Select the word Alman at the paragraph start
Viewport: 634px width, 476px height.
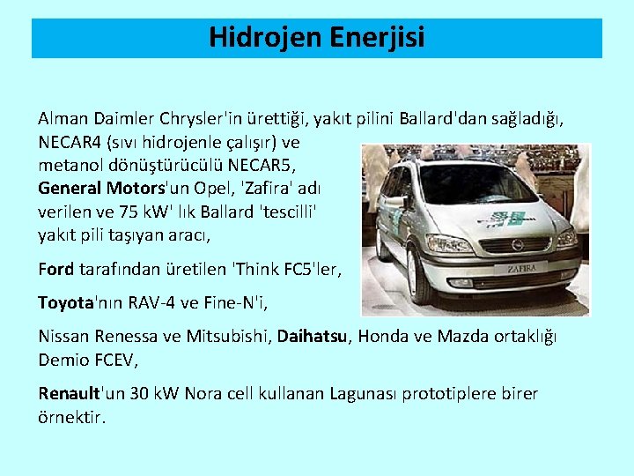(59, 118)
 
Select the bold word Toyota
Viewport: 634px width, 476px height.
(65, 303)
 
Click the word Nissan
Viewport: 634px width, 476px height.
(62, 337)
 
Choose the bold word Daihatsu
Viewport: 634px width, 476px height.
(313, 337)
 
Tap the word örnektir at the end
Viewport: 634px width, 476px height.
(71, 417)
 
